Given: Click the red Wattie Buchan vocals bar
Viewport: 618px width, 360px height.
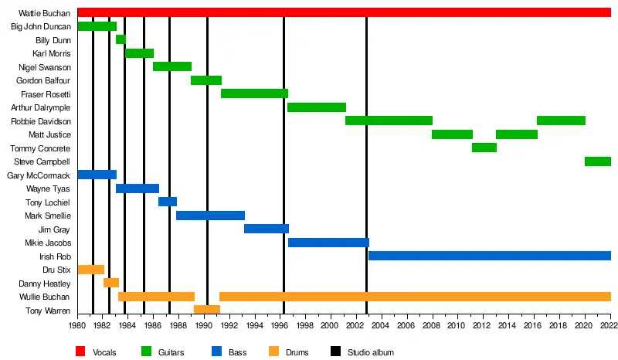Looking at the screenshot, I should tap(344, 12).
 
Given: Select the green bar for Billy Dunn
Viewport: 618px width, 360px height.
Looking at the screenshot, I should tap(121, 39).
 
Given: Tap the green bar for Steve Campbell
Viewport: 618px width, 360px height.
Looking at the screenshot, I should tap(597, 161).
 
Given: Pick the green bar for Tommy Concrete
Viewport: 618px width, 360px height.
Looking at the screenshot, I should tap(484, 148).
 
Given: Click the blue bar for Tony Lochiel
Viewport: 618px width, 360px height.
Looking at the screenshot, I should tap(168, 202).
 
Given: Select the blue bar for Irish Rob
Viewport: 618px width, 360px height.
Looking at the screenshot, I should tap(489, 256).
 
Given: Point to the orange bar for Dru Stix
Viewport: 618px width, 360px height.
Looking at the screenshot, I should tap(90, 270).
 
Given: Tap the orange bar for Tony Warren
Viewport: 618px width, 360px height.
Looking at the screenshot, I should tap(206, 310).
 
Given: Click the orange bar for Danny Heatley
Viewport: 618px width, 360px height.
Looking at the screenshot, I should tap(110, 283).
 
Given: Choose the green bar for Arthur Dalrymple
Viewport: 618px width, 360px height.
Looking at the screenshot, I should tap(316, 107).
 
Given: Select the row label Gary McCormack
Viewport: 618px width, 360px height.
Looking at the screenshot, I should tap(38, 175).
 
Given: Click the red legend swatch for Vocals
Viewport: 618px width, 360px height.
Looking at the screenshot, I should tap(79, 352).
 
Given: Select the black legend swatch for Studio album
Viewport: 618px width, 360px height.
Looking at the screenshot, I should tap(335, 352).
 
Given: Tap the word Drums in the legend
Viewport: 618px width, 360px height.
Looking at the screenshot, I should tap(297, 352).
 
